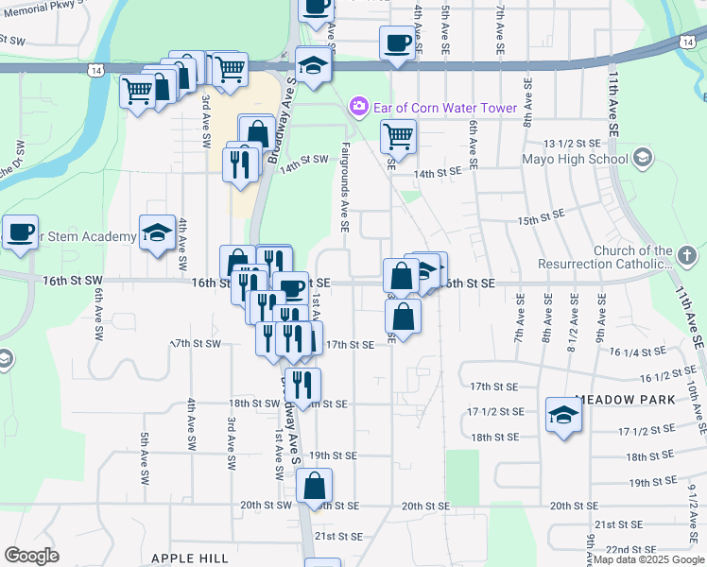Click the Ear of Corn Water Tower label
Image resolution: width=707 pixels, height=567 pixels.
point(444,108)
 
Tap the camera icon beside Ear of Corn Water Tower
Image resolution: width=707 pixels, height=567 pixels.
point(358,107)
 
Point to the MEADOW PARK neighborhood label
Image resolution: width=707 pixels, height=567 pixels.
point(625,400)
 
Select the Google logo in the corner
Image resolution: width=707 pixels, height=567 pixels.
point(31,556)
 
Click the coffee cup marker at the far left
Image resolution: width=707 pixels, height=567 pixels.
point(20,232)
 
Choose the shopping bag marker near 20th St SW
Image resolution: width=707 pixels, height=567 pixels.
point(314,486)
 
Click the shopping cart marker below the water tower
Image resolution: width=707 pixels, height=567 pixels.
point(398,137)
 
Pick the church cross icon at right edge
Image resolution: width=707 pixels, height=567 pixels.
point(687,255)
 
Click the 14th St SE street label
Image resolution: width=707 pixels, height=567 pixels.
point(437,173)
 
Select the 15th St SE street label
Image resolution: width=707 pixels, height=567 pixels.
point(541,217)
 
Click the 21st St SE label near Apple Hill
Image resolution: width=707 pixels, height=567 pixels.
point(337,536)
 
